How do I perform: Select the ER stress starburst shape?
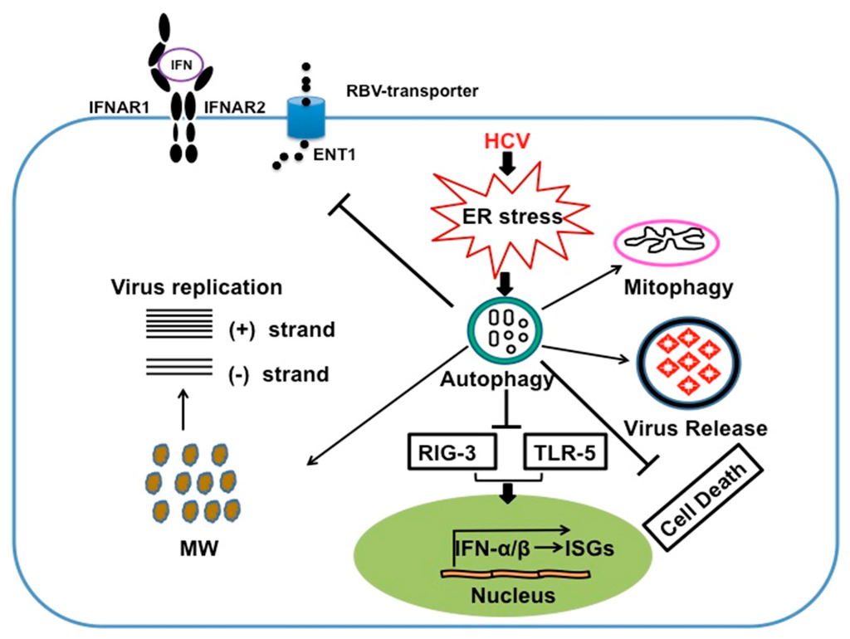click(x=509, y=217)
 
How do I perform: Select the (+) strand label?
click(x=281, y=329)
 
